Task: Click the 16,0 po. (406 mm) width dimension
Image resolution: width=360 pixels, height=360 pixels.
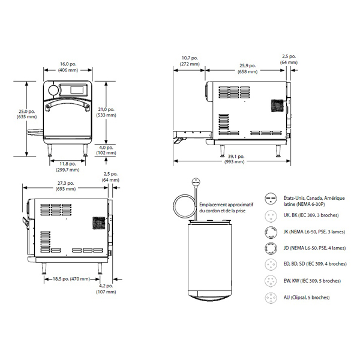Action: pyautogui.click(x=68, y=67)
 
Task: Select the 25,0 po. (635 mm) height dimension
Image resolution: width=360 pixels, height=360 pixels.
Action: pyautogui.click(x=26, y=114)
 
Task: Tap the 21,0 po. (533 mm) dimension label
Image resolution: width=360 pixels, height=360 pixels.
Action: pyautogui.click(x=106, y=112)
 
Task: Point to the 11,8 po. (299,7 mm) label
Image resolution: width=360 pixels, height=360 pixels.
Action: pyautogui.click(x=67, y=167)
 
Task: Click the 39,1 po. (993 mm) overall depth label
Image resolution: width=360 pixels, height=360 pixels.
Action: pyautogui.click(x=235, y=159)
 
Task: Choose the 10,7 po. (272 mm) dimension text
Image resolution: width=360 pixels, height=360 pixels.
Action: pyautogui.click(x=190, y=61)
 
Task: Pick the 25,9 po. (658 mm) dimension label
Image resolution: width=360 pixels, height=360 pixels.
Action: pyautogui.click(x=247, y=68)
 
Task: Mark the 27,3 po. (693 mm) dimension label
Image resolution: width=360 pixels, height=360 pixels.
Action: pyautogui.click(x=65, y=186)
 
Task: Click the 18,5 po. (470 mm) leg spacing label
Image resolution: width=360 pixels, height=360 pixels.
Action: pyautogui.click(x=71, y=279)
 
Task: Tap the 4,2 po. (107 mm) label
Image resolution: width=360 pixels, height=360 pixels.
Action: pyautogui.click(x=106, y=289)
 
